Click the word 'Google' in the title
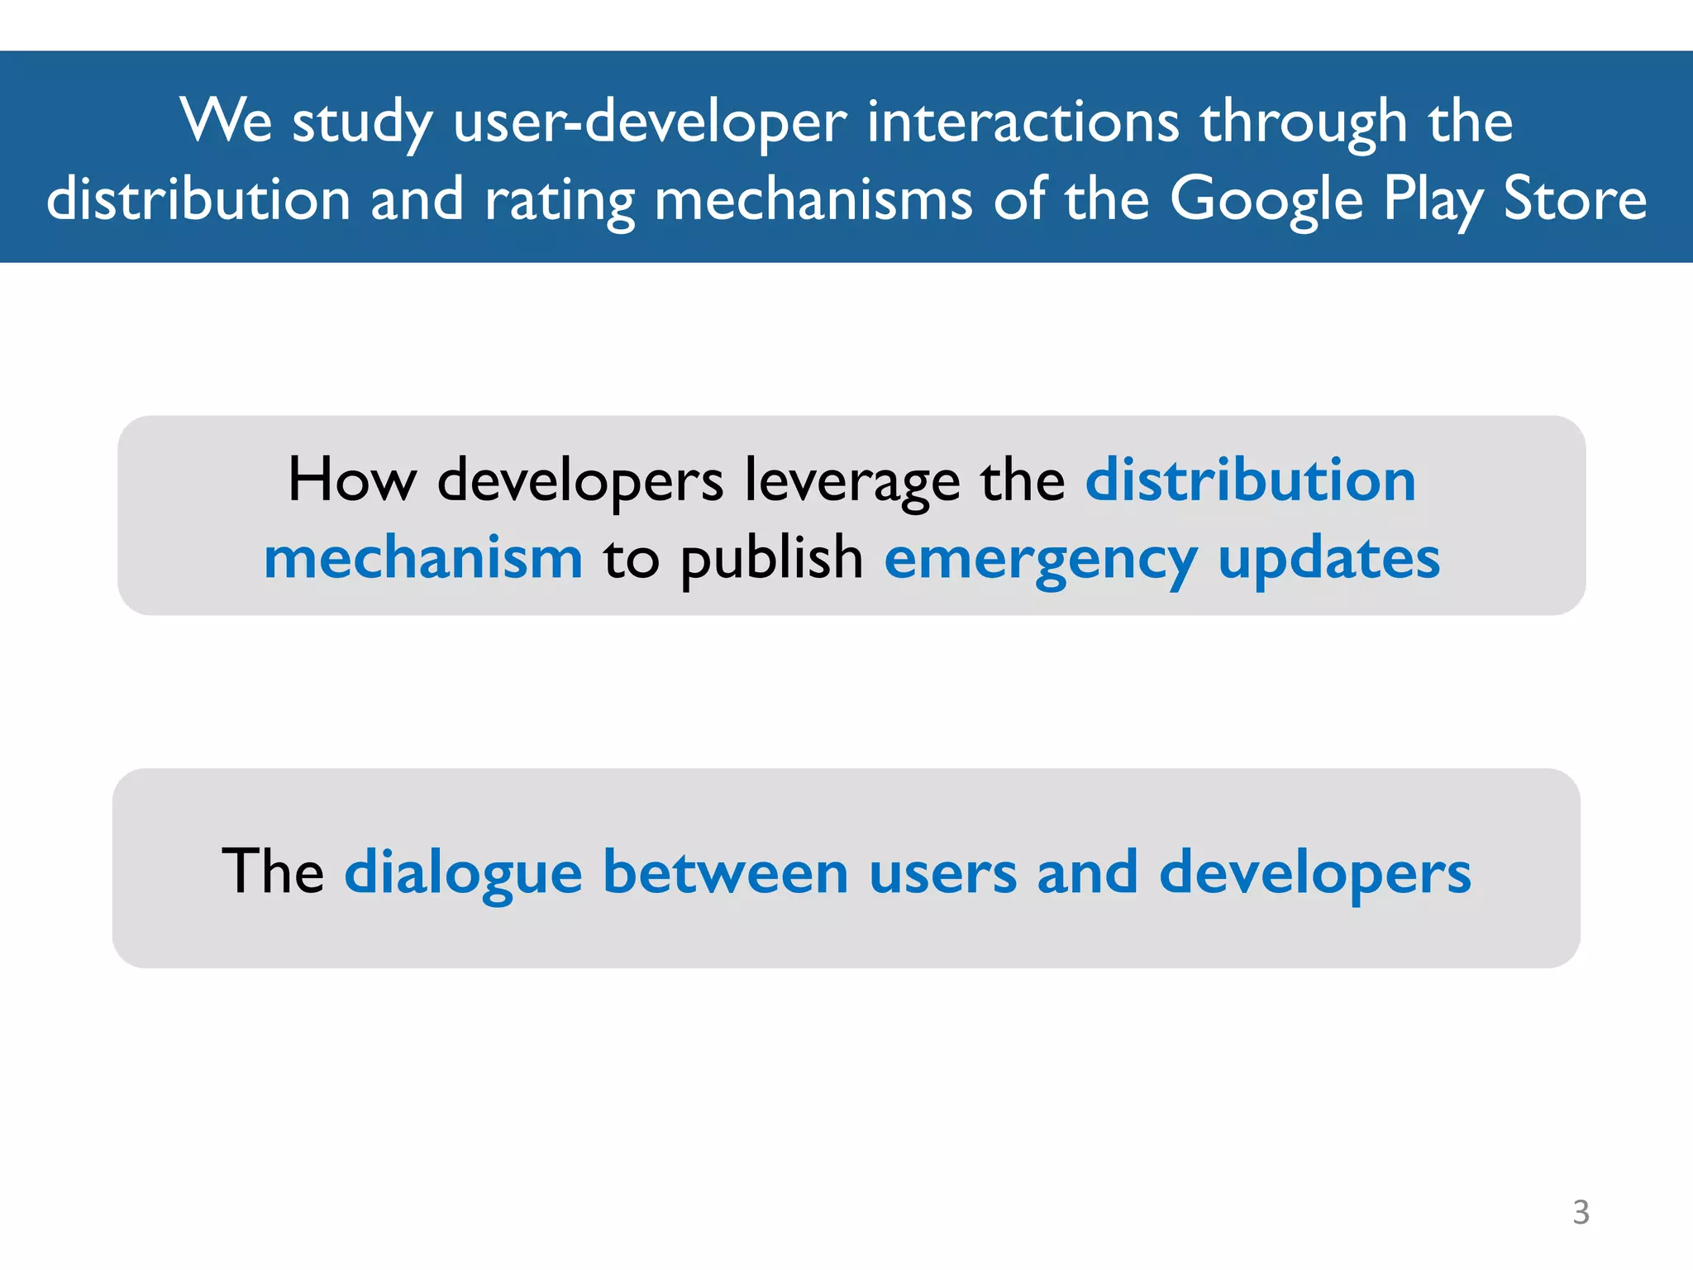tap(1266, 200)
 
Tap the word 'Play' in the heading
tap(1433, 200)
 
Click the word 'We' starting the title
tap(226, 122)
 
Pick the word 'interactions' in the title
tap(1023, 122)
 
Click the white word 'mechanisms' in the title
tap(813, 200)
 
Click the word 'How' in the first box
tap(352, 480)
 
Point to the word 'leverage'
tap(852, 481)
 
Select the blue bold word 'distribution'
tap(1250, 480)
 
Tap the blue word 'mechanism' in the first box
tap(423, 558)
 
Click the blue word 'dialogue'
tap(464, 873)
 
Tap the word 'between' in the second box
tap(725, 871)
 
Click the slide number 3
tap(1581, 1212)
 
